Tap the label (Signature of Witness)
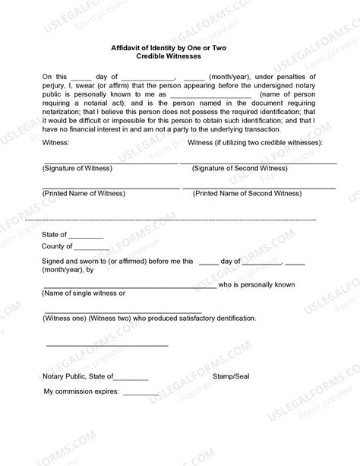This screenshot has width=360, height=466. pos(77,168)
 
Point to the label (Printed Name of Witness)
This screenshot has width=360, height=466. pos(81,194)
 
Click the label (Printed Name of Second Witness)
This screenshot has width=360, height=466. pos(247,194)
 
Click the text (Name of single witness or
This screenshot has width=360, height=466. pos(84,293)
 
